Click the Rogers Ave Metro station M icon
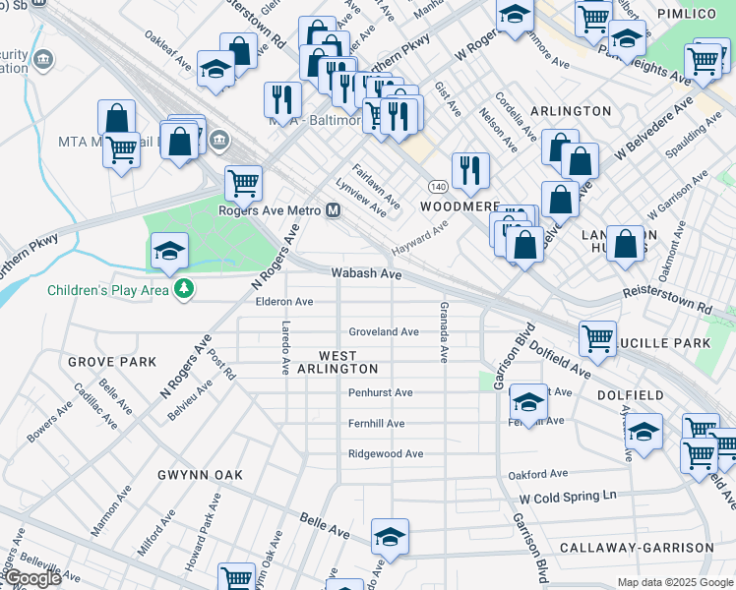click(334, 210)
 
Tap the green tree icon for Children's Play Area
click(182, 289)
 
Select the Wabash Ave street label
click(367, 274)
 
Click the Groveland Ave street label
click(384, 332)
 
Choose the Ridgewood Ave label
click(386, 454)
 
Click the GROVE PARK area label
click(112, 362)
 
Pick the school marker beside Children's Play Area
click(169, 251)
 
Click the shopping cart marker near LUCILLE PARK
click(597, 339)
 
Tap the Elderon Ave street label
click(284, 302)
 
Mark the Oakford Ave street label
click(538, 474)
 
